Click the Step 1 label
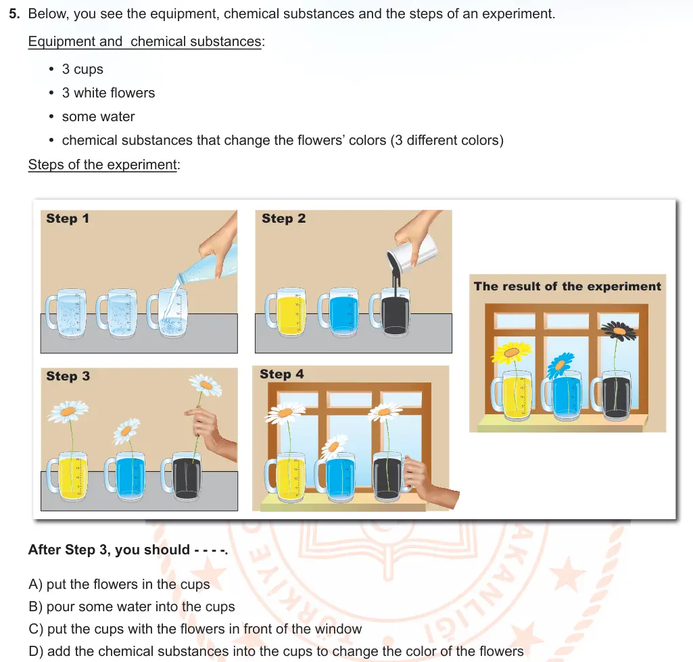coord(68,218)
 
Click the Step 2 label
coord(284,218)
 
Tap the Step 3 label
coord(68,376)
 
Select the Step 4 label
coord(282,374)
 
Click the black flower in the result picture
coord(619,330)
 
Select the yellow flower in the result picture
coord(511,353)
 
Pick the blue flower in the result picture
coord(560,365)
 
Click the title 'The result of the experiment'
coord(567,286)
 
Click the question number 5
coord(14,14)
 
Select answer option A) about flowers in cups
coord(119,584)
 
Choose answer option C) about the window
coord(195,629)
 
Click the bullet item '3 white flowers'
coord(109,93)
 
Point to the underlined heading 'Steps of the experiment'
coord(103,164)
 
